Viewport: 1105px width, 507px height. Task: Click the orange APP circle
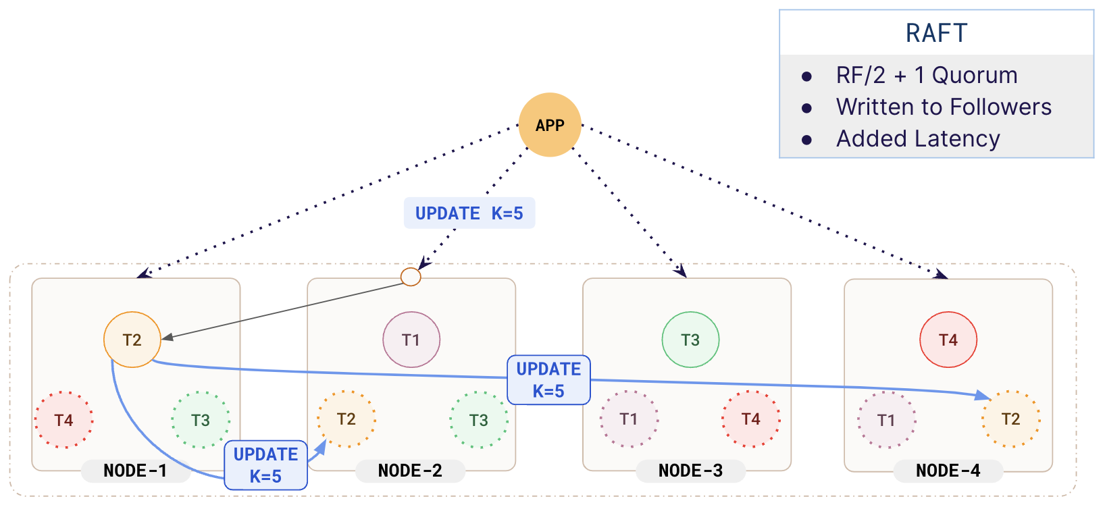[x=550, y=125]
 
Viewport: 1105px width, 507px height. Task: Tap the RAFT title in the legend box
[x=936, y=33]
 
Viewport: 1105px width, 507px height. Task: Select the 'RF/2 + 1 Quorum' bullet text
[x=926, y=76]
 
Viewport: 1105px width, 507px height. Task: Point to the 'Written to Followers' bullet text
[x=944, y=107]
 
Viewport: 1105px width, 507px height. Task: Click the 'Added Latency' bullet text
[x=918, y=139]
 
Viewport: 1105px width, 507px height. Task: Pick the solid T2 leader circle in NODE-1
[x=132, y=340]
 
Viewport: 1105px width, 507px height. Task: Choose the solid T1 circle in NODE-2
[x=411, y=340]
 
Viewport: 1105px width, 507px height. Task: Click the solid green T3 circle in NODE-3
[x=690, y=340]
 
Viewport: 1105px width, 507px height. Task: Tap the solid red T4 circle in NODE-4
[x=948, y=340]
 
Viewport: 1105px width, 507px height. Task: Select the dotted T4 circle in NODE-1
[x=64, y=420]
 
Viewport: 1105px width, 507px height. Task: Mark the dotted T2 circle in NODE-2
[x=346, y=419]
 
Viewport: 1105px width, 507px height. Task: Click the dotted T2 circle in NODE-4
[x=1010, y=419]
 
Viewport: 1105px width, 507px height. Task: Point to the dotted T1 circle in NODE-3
[x=629, y=419]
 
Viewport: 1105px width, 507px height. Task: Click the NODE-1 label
[x=135, y=471]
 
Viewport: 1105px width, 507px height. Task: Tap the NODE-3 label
[x=690, y=471]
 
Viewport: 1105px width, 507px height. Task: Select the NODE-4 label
[x=948, y=471]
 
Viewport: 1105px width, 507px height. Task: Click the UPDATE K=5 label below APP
[x=469, y=213]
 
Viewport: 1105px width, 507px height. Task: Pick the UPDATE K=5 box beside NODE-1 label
[x=266, y=465]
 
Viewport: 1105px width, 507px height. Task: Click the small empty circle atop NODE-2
[x=411, y=277]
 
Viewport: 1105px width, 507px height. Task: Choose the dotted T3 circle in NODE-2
[x=479, y=420]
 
